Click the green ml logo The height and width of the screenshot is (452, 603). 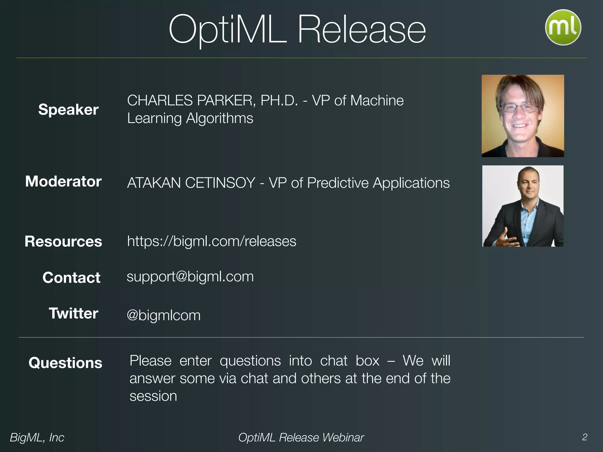[563, 27]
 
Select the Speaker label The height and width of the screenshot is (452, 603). [68, 109]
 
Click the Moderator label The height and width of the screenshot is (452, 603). [63, 181]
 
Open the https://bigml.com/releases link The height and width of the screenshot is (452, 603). [211, 241]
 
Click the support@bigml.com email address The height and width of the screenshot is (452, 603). [190, 277]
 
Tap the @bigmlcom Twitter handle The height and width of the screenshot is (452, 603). [163, 315]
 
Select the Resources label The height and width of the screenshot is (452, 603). [63, 241]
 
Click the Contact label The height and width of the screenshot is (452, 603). [71, 277]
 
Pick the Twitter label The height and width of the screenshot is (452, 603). [73, 313]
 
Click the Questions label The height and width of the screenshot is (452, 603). [65, 363]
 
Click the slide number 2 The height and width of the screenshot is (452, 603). [584, 437]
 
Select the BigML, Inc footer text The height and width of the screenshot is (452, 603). [37, 438]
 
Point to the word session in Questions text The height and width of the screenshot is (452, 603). [153, 396]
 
